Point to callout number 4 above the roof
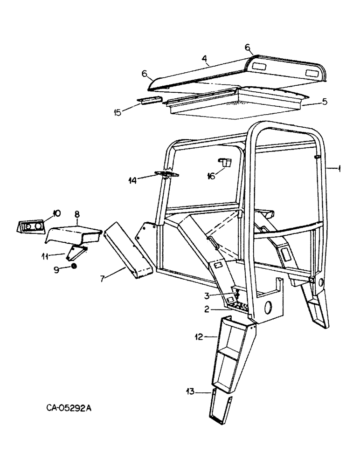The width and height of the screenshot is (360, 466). (x=205, y=59)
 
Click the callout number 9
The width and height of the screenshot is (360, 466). (x=57, y=269)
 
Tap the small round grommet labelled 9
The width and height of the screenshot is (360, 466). (x=74, y=267)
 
